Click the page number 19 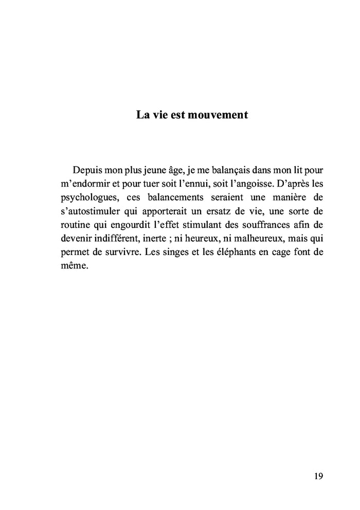(x=318, y=476)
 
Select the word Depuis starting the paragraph (x=88, y=170)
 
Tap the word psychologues (x=84, y=197)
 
